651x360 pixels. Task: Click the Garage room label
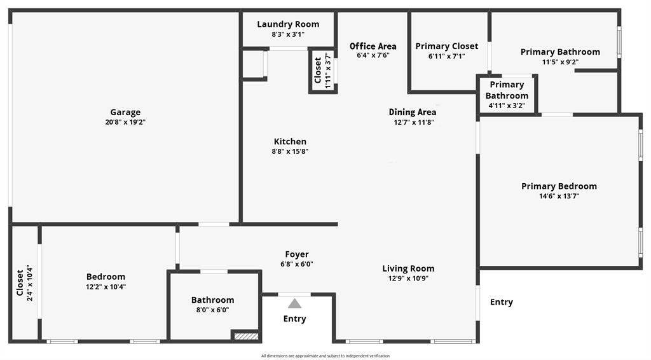(125, 113)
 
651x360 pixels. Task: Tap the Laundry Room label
(288, 24)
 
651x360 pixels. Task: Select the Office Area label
(373, 46)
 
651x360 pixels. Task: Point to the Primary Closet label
(446, 46)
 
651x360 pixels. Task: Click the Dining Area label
(413, 112)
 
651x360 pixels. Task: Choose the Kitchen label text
(290, 141)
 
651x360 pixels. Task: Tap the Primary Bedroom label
(559, 186)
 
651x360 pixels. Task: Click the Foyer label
(297, 254)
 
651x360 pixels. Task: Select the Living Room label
(408, 268)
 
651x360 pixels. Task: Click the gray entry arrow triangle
(294, 303)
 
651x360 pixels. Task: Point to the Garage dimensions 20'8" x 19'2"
(125, 122)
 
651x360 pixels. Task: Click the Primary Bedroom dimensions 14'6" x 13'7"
(559, 196)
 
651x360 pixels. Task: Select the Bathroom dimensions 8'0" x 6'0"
(212, 310)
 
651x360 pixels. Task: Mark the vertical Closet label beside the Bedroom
(20, 283)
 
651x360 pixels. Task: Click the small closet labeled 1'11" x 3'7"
(322, 71)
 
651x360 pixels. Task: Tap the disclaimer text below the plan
(325, 356)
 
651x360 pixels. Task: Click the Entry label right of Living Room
(501, 302)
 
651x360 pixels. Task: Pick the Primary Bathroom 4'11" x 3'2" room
(507, 95)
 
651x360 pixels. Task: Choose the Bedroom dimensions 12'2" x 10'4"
(106, 287)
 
